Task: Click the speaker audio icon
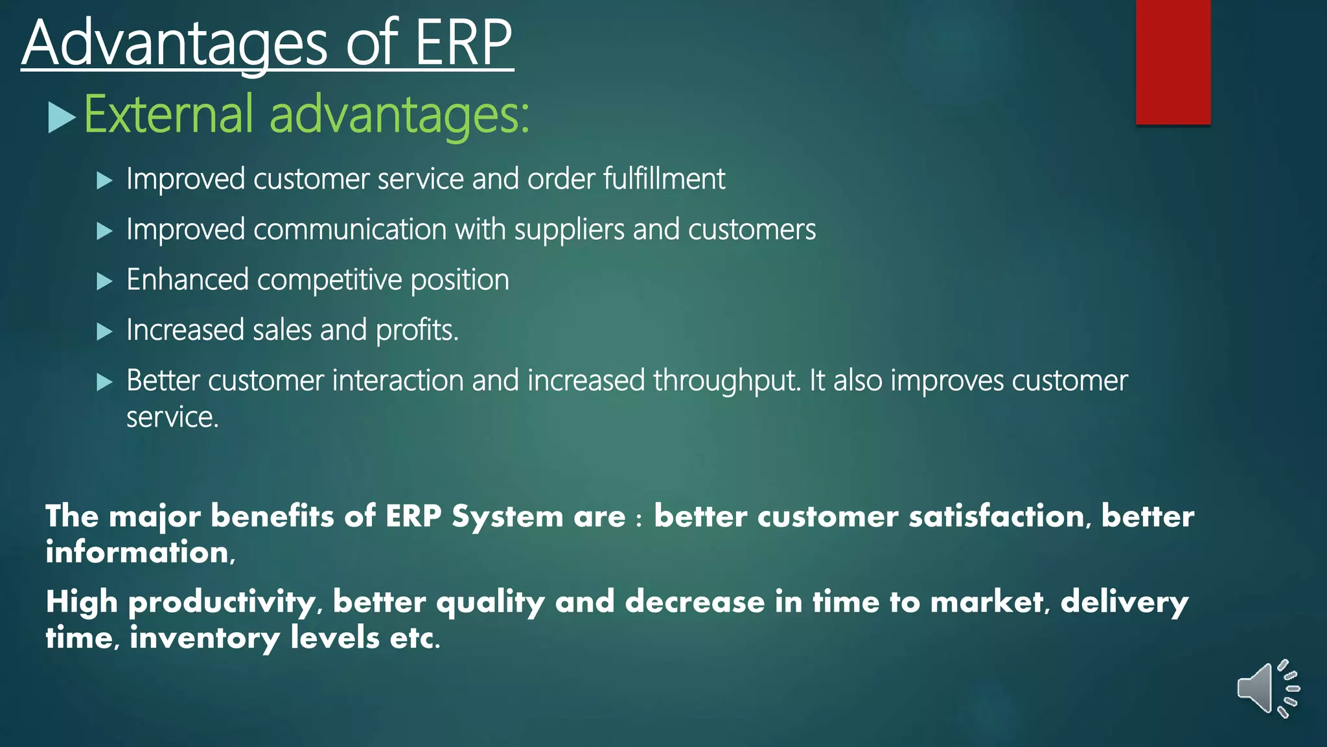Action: [x=1267, y=689]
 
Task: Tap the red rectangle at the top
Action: [x=1173, y=62]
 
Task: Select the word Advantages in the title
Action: [x=175, y=44]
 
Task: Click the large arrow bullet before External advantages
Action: [x=62, y=118]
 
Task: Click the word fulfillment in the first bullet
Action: [x=663, y=179]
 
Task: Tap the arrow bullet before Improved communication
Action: [x=104, y=231]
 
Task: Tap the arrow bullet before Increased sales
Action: [x=104, y=331]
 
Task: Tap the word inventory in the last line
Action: [x=205, y=638]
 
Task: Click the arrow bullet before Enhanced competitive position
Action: [x=104, y=281]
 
